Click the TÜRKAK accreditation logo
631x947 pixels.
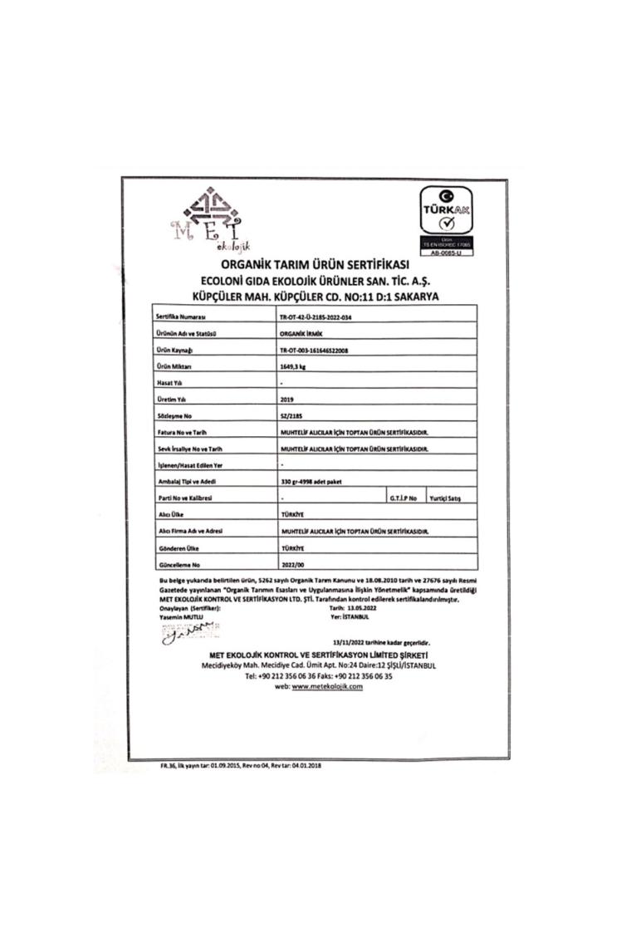click(x=445, y=218)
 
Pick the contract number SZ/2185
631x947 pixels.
click(x=292, y=415)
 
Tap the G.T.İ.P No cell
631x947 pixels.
click(x=404, y=498)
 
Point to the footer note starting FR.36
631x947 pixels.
click(x=241, y=765)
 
